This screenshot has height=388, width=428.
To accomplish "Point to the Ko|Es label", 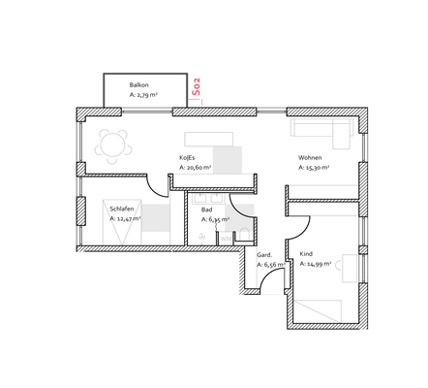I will (188, 157).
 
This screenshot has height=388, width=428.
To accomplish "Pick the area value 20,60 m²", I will (195, 167).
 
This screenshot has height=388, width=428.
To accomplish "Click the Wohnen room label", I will (310, 157).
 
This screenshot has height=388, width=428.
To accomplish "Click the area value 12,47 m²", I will (125, 219).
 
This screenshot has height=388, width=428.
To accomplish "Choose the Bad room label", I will (206, 210).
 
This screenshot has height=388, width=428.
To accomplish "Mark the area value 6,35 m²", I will (214, 219).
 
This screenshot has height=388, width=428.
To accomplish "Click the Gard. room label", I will (264, 254).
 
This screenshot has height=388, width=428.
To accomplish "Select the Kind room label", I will (307, 253).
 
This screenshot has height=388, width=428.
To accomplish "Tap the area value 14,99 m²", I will (316, 263).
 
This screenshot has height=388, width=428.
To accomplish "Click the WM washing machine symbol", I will (225, 237).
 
